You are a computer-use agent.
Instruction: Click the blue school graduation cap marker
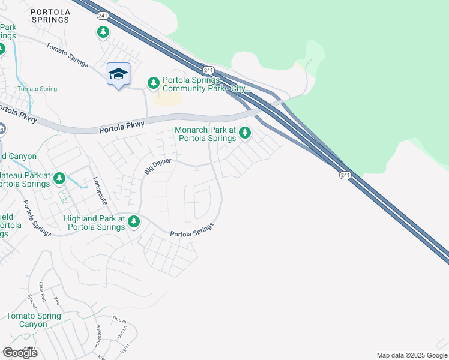pyautogui.click(x=118, y=74)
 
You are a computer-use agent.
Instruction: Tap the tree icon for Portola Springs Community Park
pyautogui.click(x=154, y=82)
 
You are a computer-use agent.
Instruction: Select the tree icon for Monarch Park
pyautogui.click(x=244, y=133)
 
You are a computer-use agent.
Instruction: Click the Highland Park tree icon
pyautogui.click(x=133, y=222)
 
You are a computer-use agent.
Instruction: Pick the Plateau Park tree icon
pyautogui.click(x=59, y=178)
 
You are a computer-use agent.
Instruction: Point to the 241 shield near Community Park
pyautogui.click(x=208, y=70)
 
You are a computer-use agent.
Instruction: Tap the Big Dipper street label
pyautogui.click(x=158, y=167)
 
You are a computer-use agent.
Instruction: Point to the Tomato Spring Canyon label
pyautogui.click(x=34, y=320)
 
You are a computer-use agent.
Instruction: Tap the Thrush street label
pyautogui.click(x=119, y=320)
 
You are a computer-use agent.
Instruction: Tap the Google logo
pyautogui.click(x=20, y=353)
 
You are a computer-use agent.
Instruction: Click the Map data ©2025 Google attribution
pyautogui.click(x=412, y=355)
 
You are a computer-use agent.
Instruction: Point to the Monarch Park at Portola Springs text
pyautogui.click(x=205, y=134)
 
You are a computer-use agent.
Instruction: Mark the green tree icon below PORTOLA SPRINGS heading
pyautogui.click(x=103, y=32)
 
